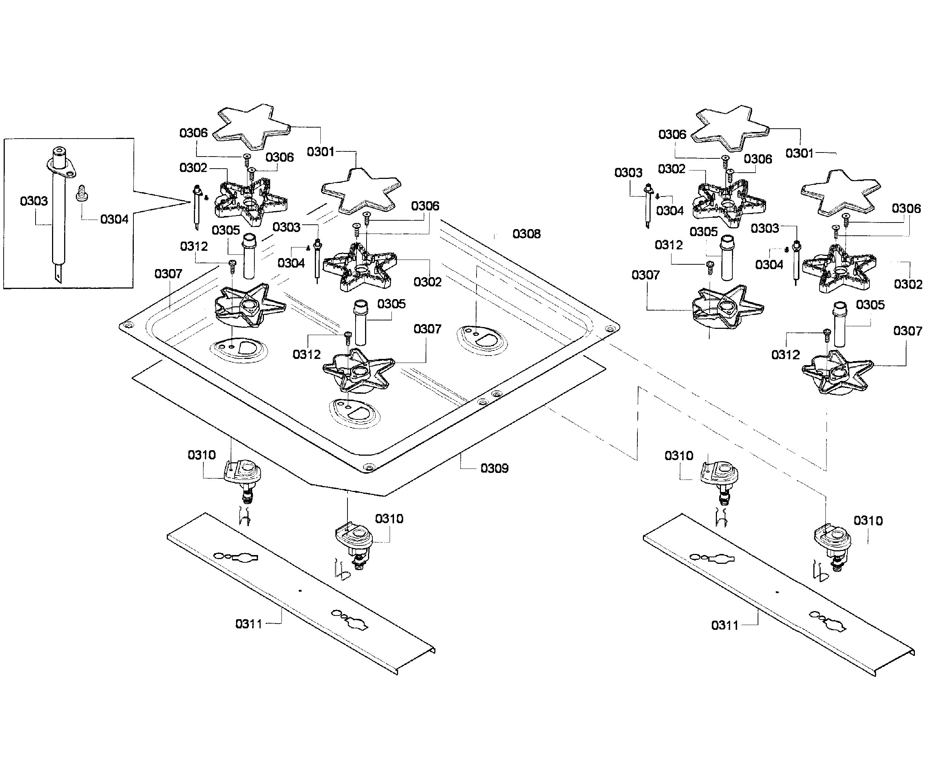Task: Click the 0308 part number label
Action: coord(526,234)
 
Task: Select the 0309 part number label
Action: coord(494,468)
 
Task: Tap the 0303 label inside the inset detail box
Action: coord(34,201)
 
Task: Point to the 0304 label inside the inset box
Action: coord(114,219)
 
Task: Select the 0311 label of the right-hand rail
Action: coord(725,625)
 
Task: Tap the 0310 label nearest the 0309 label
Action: coord(389,519)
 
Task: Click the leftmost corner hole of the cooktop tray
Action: coord(128,326)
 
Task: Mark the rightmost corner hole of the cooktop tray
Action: coord(610,329)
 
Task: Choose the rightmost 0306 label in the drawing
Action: coord(906,209)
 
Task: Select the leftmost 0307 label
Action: coord(168,274)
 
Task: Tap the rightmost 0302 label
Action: coord(908,284)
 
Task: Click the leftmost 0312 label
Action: coord(194,246)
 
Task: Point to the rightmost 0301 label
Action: coord(799,153)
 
